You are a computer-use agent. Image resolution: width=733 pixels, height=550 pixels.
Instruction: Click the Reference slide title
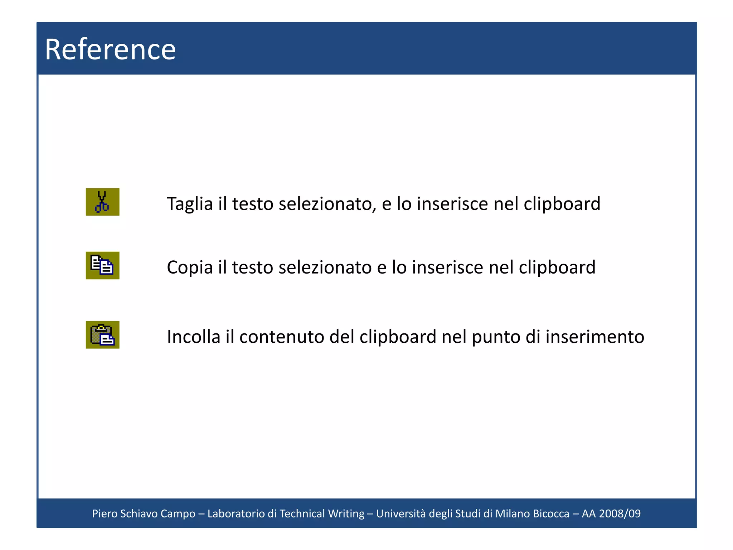pyautogui.click(x=110, y=49)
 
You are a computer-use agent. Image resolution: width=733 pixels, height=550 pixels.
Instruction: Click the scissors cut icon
pyautogui.click(x=102, y=202)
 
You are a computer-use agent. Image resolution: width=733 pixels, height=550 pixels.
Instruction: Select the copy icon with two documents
pyautogui.click(x=102, y=265)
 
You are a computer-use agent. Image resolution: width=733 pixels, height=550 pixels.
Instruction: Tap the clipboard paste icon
pyautogui.click(x=102, y=335)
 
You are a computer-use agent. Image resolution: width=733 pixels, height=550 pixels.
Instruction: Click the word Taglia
pyautogui.click(x=190, y=204)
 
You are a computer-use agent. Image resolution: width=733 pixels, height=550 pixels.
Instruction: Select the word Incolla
pyautogui.click(x=193, y=337)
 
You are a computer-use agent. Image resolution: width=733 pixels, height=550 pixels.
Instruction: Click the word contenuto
pyautogui.click(x=281, y=337)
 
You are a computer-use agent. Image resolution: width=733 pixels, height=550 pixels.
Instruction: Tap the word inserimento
pyautogui.click(x=594, y=337)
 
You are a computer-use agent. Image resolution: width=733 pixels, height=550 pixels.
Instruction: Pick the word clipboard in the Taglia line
pyautogui.click(x=562, y=204)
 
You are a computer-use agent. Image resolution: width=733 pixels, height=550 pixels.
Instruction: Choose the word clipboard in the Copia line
pyautogui.click(x=557, y=267)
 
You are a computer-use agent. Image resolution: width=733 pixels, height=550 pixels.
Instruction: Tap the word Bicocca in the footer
pyautogui.click(x=551, y=513)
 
